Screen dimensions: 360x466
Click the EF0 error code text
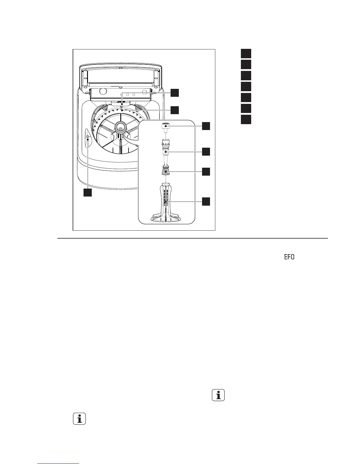click(289, 257)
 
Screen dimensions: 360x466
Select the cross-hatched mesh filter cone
click(166, 171)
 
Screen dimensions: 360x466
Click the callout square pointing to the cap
click(206, 126)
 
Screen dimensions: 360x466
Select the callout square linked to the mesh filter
click(206, 172)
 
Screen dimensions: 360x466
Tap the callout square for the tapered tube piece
click(206, 152)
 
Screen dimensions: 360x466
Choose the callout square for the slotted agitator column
click(206, 202)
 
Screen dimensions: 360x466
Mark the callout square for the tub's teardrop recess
click(87, 192)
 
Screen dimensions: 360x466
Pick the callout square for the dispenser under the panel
click(175, 93)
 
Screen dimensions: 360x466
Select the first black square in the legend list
click(246, 54)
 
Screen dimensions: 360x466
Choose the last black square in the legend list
click(246, 119)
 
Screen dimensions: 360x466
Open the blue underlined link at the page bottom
click(59, 464)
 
